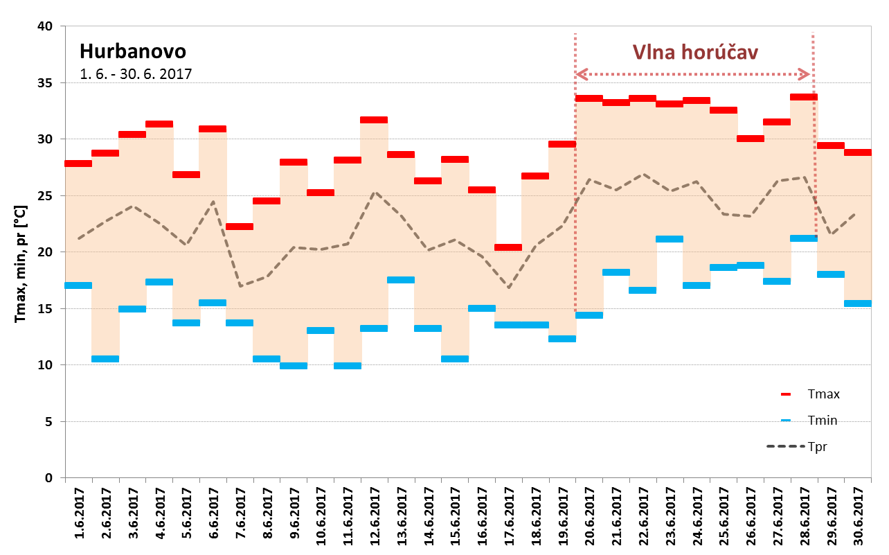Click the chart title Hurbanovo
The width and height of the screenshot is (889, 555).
tap(133, 52)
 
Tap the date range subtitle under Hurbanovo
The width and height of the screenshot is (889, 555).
tap(136, 74)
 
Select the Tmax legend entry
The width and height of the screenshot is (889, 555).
tap(823, 394)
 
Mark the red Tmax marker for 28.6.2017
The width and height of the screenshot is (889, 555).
tap(804, 97)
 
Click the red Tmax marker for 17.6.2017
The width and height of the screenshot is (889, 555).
tap(508, 247)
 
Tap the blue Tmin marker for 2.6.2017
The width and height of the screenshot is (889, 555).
tap(105, 359)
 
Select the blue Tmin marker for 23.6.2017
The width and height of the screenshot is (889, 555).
tap(670, 239)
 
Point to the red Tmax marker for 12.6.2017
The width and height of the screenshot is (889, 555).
tap(374, 120)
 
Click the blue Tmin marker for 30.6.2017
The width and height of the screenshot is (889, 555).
tap(858, 303)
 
